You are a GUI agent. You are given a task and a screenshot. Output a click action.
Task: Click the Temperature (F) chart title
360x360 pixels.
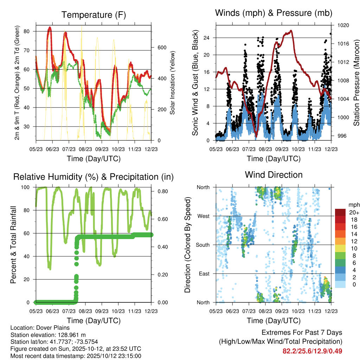(94, 15)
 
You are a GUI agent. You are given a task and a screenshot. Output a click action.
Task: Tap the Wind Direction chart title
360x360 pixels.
(274, 174)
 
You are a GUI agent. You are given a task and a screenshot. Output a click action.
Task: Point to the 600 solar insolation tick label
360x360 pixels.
(161, 47)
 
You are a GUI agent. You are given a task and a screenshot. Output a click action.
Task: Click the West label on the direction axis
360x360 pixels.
(204, 216)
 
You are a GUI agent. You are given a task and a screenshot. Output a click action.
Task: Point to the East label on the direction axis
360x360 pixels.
(204, 274)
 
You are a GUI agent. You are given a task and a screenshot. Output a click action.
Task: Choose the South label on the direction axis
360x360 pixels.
(203, 245)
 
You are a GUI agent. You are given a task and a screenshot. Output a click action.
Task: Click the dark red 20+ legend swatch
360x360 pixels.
(340, 212)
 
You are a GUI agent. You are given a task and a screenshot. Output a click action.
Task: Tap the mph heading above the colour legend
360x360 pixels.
(353, 205)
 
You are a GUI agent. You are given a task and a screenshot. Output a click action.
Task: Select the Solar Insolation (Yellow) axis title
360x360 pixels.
(173, 83)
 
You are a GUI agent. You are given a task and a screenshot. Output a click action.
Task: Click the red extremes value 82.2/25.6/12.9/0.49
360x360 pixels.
(312, 351)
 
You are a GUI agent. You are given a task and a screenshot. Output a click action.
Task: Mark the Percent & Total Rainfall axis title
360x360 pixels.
(14, 245)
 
